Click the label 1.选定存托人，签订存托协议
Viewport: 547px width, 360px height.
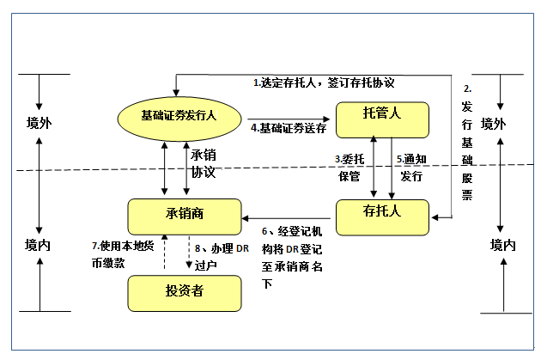[x=323, y=83]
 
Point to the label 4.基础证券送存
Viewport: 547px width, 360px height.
[x=288, y=128]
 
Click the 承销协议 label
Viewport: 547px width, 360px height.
[x=204, y=163]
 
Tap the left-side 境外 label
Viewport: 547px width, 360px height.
[x=40, y=123]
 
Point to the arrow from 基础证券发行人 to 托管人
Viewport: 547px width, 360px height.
[x=288, y=117]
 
